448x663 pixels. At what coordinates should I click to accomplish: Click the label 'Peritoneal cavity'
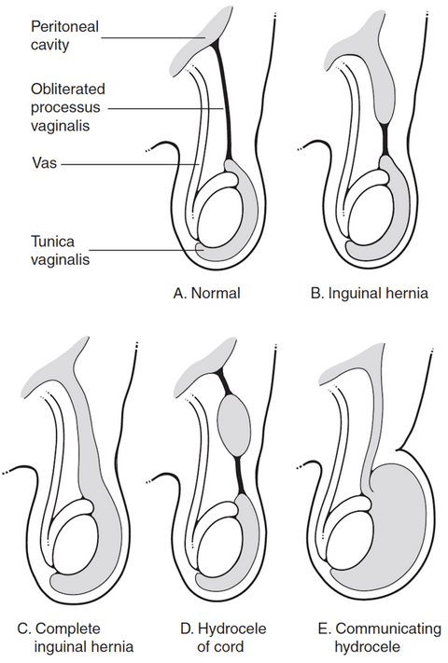pos(64,35)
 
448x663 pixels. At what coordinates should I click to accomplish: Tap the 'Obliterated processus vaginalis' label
pos(68,107)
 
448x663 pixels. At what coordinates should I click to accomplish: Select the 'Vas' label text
pos(44,163)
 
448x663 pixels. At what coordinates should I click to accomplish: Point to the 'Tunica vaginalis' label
pos(60,250)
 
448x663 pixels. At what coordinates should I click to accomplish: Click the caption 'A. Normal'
pos(207,293)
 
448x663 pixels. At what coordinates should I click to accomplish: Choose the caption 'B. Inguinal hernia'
pos(370,293)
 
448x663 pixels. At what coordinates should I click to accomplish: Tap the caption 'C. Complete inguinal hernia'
pos(77,637)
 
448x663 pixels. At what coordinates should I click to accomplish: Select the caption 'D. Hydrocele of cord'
pos(223,637)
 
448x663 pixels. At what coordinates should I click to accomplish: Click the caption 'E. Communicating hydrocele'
pos(380,637)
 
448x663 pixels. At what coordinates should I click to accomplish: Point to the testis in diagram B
pos(371,214)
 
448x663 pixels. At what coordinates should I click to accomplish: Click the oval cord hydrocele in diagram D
pos(234,425)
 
